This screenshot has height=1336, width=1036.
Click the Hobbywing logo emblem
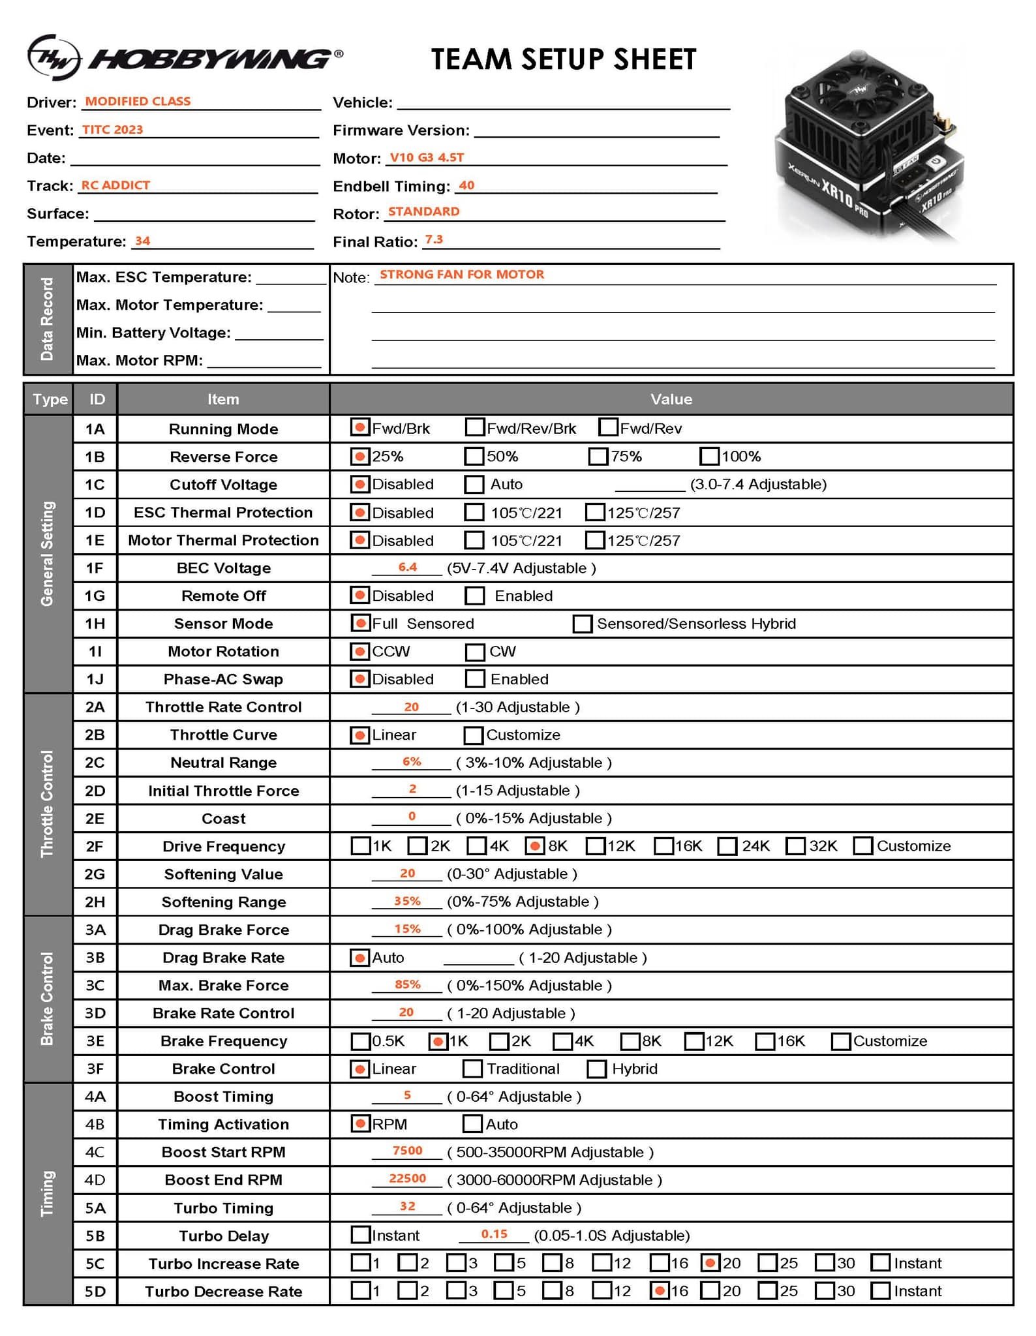click(53, 57)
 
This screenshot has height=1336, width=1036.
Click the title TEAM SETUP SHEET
click(563, 59)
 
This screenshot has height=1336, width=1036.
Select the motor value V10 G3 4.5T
click(427, 158)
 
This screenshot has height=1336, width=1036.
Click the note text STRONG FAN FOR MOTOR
click(462, 275)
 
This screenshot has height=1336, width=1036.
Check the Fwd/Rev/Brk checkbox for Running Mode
click(474, 428)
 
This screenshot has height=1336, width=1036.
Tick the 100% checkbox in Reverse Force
click(709, 456)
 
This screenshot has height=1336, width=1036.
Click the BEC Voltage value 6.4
click(408, 568)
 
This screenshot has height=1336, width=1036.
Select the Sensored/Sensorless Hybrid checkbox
click(582, 624)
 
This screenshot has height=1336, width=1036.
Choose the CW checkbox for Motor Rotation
click(474, 652)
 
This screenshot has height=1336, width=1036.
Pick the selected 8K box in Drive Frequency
click(534, 846)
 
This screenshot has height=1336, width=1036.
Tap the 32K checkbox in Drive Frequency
click(795, 846)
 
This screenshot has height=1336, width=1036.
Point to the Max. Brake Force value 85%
click(408, 984)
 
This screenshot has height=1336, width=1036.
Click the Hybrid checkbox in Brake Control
click(596, 1069)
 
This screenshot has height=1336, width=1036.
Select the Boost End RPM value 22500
click(408, 1179)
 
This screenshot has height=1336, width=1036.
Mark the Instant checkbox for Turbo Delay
click(360, 1235)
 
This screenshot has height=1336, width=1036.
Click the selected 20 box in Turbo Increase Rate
click(710, 1263)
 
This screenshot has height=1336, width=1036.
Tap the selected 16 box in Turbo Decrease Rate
click(660, 1290)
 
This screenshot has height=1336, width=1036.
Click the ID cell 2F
click(95, 846)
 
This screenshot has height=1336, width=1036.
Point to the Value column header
click(671, 399)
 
